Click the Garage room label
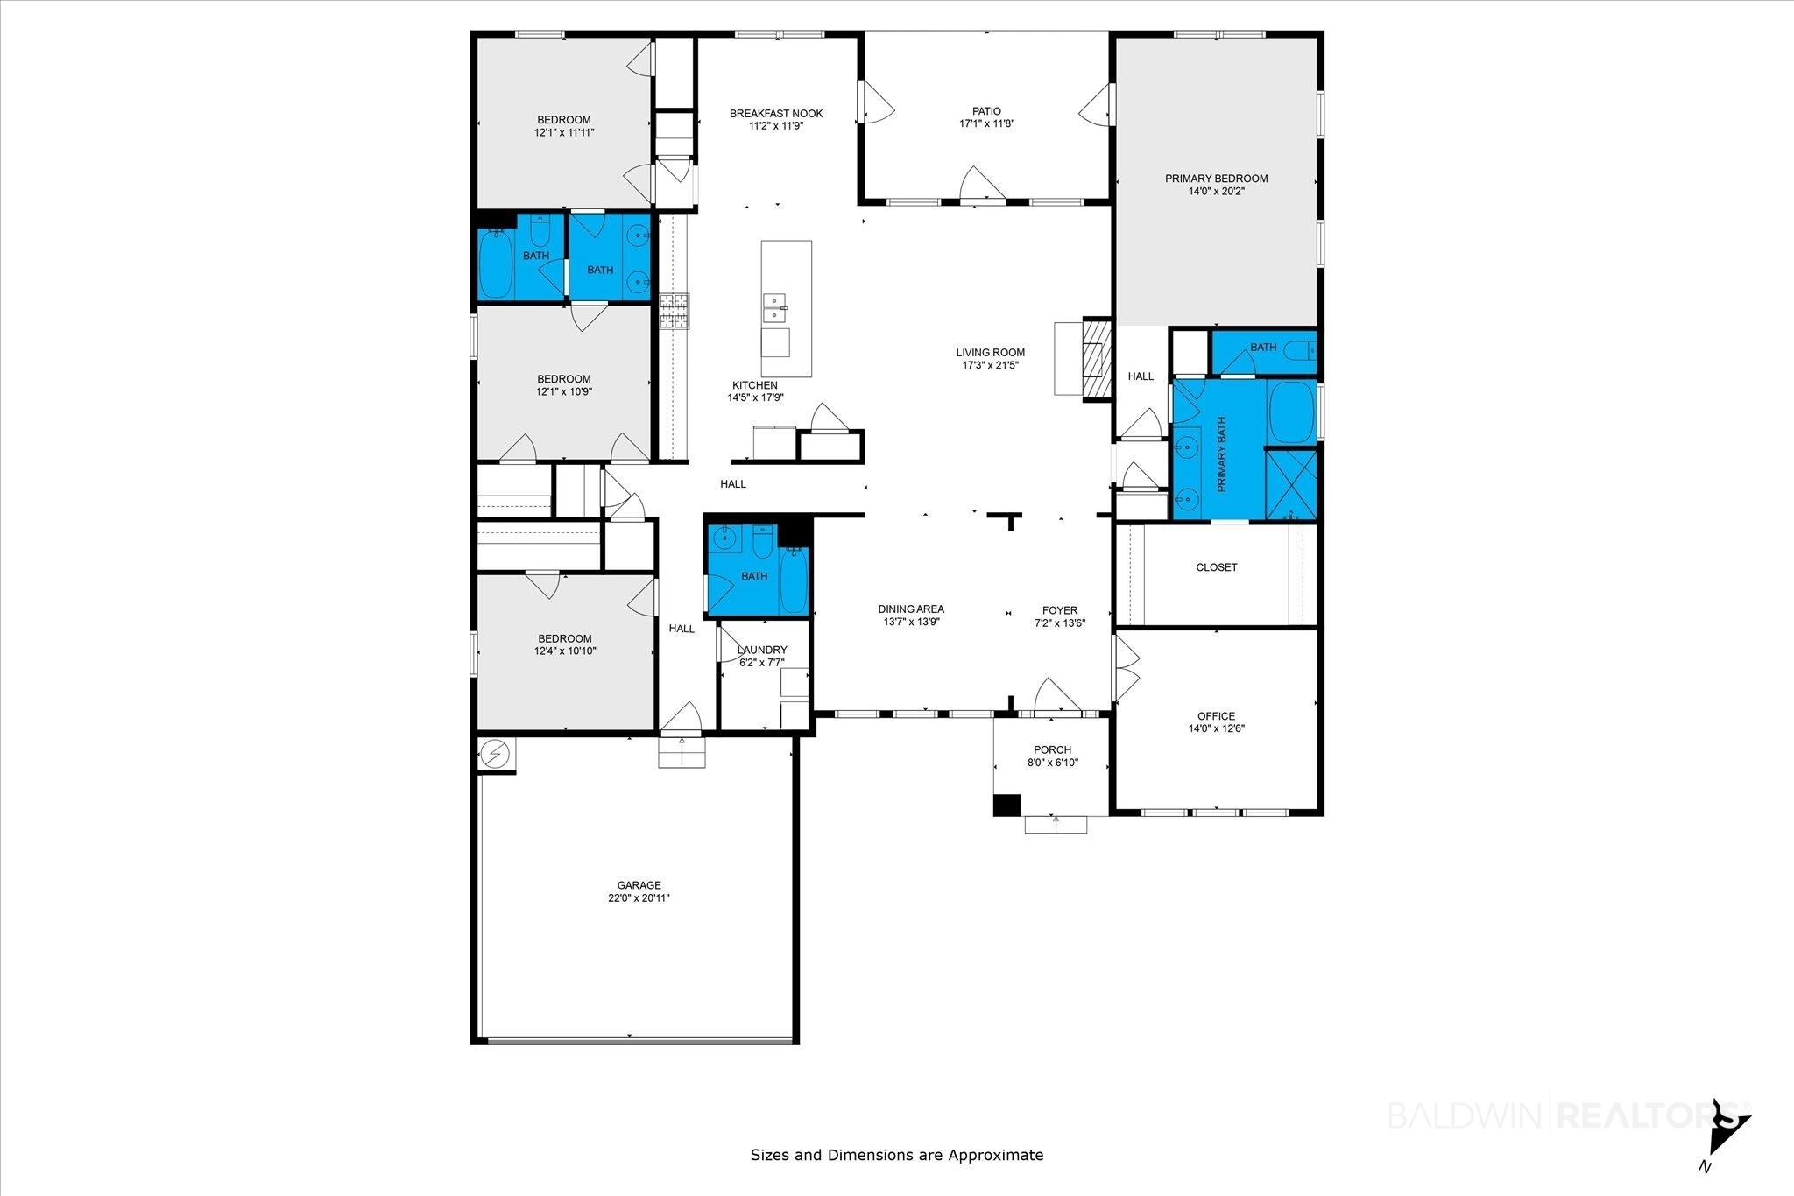639,885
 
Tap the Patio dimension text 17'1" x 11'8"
986,123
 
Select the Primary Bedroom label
1216,179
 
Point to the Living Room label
990,353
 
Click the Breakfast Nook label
776,114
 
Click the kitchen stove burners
675,311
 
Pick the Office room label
1217,716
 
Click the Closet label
1217,567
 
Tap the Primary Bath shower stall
1291,483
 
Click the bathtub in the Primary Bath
1292,412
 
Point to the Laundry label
762,650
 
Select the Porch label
1052,750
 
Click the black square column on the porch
1007,806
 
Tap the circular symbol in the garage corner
495,753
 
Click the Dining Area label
911,609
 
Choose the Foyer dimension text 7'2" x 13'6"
1060,623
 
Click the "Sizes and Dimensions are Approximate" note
897,1155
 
